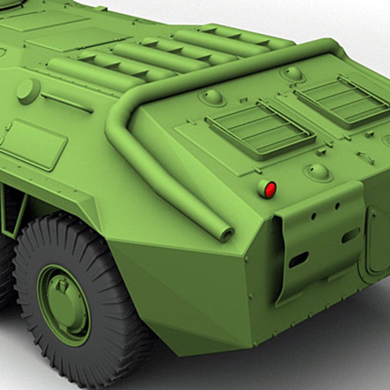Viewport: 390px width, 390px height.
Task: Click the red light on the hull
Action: (x=270, y=190)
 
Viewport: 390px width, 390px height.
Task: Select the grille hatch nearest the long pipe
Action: (x=260, y=130)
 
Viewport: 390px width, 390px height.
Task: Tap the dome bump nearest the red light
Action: (x=318, y=172)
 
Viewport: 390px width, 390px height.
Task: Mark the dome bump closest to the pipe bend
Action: (x=212, y=97)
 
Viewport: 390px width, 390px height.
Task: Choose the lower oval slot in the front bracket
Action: (x=299, y=260)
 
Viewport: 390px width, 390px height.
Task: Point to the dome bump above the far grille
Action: (x=292, y=74)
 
